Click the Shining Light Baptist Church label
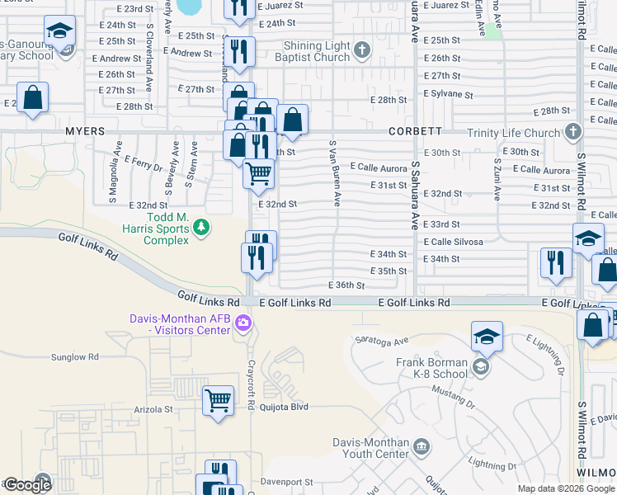pos(316,51)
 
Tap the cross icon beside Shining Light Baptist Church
pos(361,51)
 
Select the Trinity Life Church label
pos(512,133)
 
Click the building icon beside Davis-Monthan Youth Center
pos(422,447)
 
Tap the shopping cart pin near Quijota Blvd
pos(218,400)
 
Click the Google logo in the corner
pos(26,485)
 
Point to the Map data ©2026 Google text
pos(565,488)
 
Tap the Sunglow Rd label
pos(74,358)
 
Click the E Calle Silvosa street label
pos(453,242)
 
